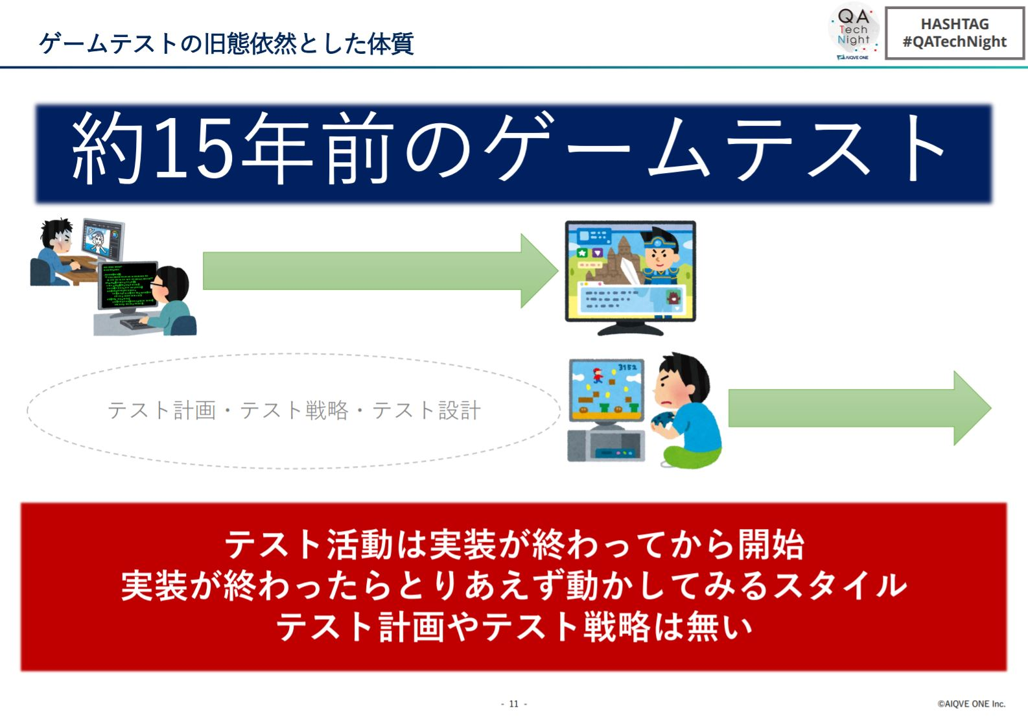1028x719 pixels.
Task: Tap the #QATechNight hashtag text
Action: tap(955, 41)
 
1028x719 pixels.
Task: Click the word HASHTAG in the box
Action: tap(955, 24)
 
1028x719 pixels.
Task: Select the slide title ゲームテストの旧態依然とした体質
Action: tap(227, 43)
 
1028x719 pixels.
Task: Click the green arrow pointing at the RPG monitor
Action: tap(380, 271)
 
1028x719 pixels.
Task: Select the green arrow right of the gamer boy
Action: tap(860, 408)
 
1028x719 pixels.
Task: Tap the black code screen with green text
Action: tap(128, 285)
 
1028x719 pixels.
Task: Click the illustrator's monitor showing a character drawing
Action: tap(103, 240)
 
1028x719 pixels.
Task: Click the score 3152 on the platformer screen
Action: tap(627, 368)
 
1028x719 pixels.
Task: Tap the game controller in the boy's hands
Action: tap(662, 420)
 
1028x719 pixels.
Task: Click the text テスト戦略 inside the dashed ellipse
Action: tap(294, 410)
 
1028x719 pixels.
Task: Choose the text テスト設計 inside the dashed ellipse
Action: tap(426, 410)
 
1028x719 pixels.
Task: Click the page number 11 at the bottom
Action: tap(513, 704)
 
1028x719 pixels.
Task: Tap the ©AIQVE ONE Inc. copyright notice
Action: tap(972, 704)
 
